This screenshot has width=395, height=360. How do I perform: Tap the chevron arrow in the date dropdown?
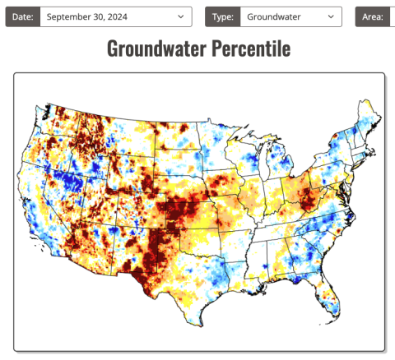pyautogui.click(x=180, y=16)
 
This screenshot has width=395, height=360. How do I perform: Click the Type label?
pyautogui.click(x=223, y=16)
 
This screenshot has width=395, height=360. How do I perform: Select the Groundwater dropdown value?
pyautogui.click(x=284, y=16)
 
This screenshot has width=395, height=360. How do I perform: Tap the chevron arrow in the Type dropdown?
pyautogui.click(x=330, y=16)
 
